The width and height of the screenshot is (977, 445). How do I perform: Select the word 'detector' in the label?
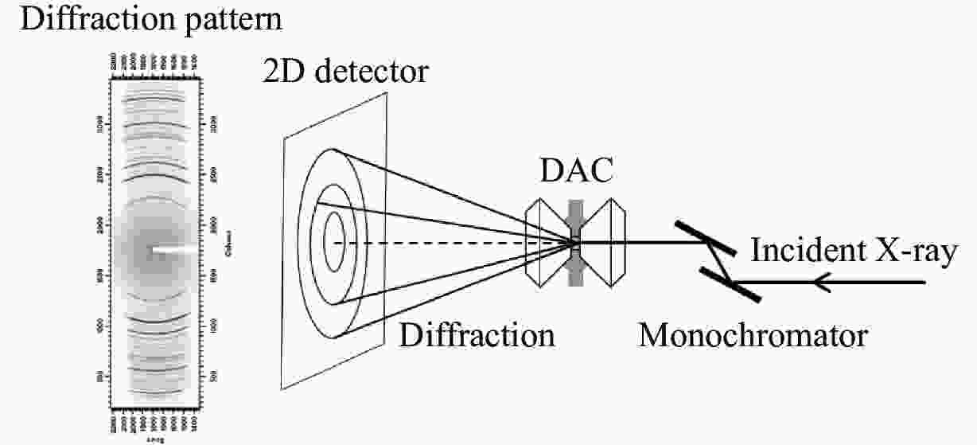(371, 73)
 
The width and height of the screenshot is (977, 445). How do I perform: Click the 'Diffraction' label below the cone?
(477, 335)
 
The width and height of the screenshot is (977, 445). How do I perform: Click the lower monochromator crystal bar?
(730, 283)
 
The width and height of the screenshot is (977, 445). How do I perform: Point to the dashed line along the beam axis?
(446, 242)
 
